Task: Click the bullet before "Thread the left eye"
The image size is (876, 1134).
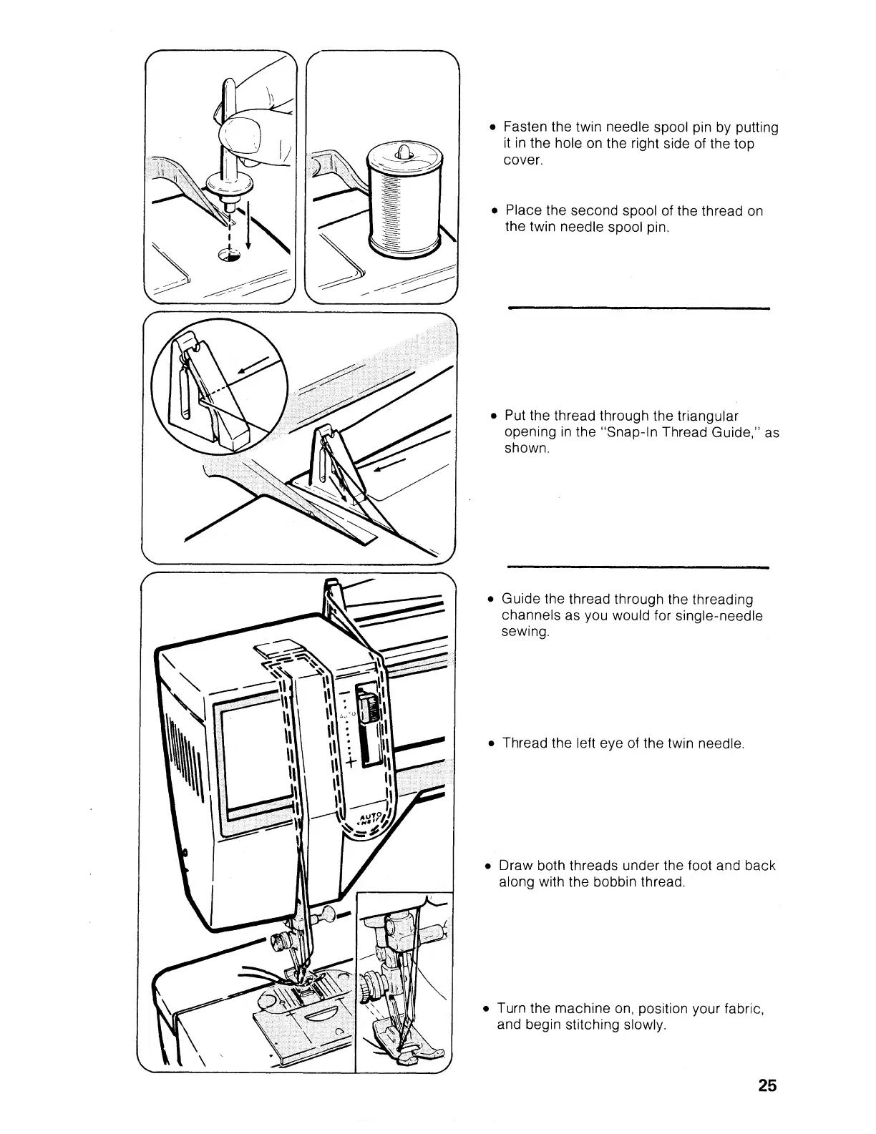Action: [x=490, y=744]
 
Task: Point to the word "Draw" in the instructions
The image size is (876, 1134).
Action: [x=515, y=866]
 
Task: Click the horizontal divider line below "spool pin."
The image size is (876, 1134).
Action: [x=638, y=308]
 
